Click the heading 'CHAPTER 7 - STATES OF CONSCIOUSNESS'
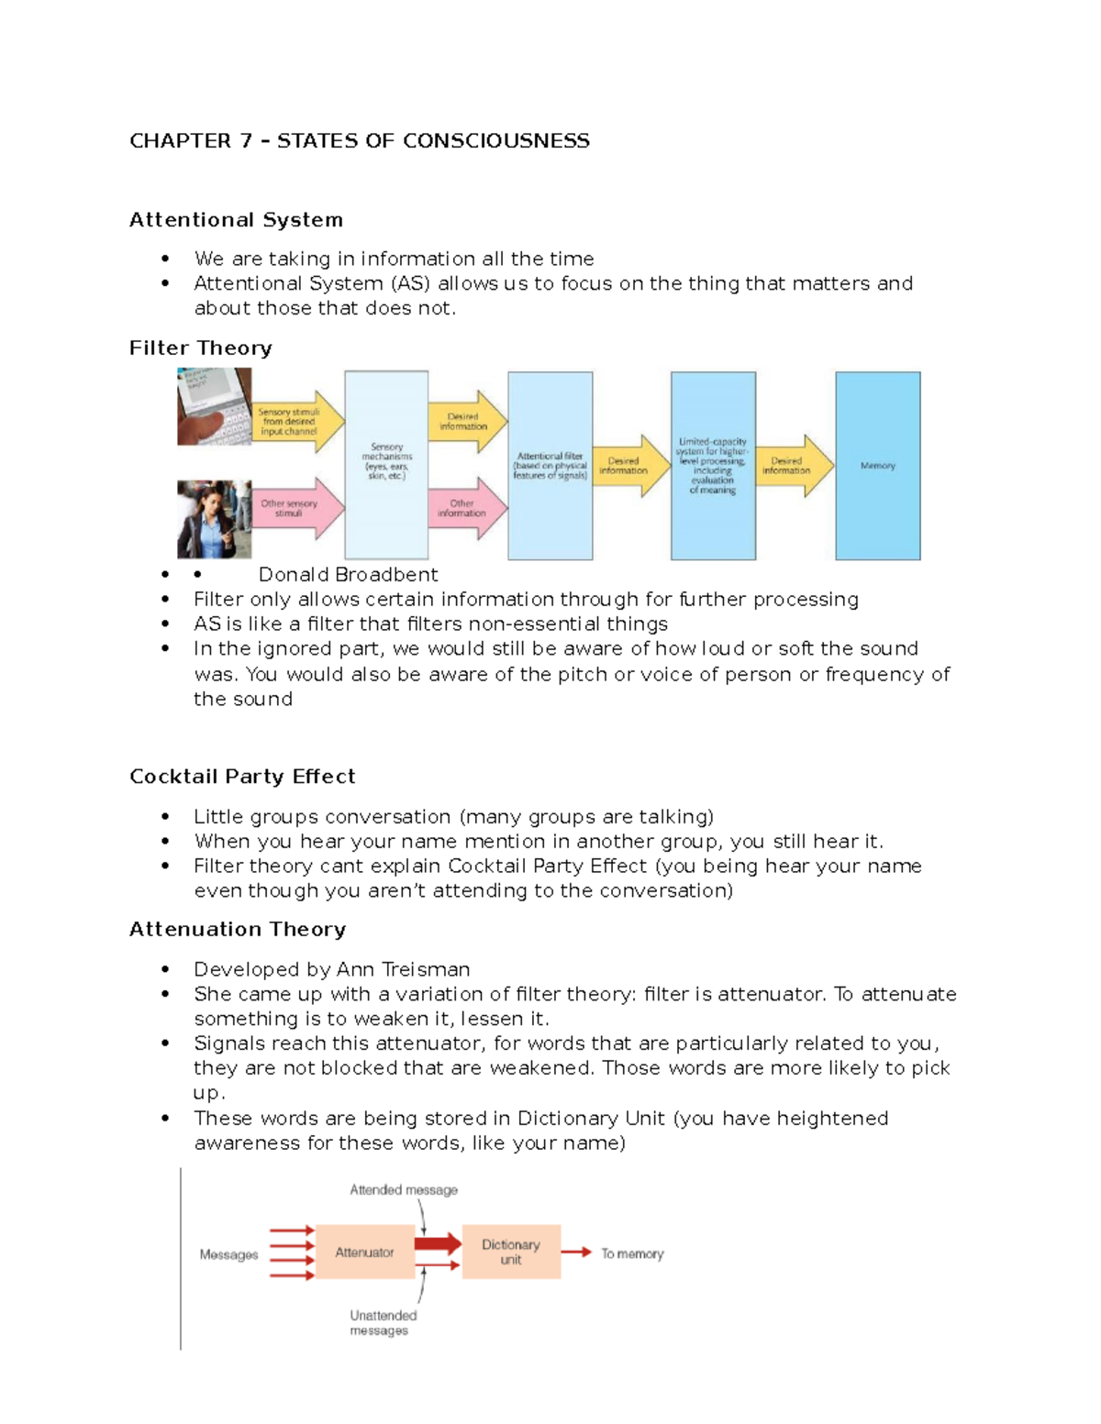click(x=359, y=140)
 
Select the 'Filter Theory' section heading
click(x=200, y=348)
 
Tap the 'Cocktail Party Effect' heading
click(x=242, y=776)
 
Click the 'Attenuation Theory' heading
click(x=237, y=929)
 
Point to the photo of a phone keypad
click(x=214, y=406)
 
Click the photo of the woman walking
click(x=214, y=519)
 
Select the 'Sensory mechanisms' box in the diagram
click(x=386, y=464)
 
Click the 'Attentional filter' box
click(x=550, y=465)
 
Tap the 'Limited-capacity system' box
click(x=713, y=465)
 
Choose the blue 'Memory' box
click(x=877, y=465)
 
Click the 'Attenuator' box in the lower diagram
click(x=364, y=1252)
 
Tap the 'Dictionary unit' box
click(x=511, y=1252)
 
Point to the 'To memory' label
click(x=632, y=1253)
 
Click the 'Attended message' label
click(x=403, y=1189)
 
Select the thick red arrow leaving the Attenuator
click(x=438, y=1243)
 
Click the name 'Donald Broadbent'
click(x=348, y=574)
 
